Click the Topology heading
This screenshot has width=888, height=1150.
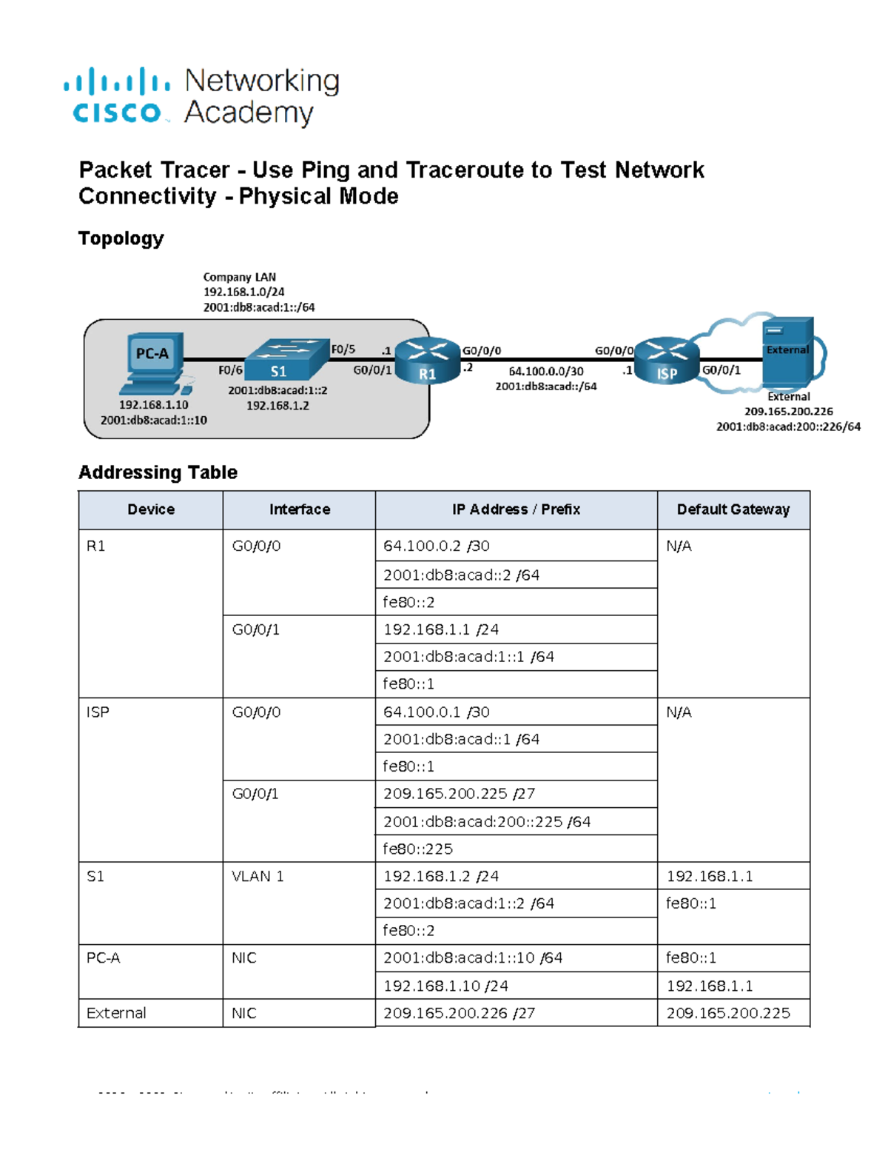click(121, 238)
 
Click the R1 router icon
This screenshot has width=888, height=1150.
click(427, 361)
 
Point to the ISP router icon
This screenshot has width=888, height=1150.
click(667, 361)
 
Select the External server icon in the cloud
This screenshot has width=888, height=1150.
click(787, 352)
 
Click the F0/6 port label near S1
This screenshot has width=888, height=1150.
click(230, 370)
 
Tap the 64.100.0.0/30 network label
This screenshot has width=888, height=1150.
click(545, 371)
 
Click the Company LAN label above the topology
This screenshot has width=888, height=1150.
click(239, 277)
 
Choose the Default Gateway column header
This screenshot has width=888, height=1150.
click(733, 509)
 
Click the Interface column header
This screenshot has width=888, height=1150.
click(299, 509)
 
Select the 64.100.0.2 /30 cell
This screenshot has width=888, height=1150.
click(437, 546)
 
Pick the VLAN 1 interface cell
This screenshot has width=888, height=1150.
click(258, 876)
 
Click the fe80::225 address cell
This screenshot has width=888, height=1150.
click(417, 849)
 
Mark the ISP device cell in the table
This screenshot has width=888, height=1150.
click(98, 712)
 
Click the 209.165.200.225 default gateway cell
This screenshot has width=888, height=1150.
click(728, 1013)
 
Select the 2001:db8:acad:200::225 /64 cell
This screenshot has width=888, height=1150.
click(486, 821)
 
